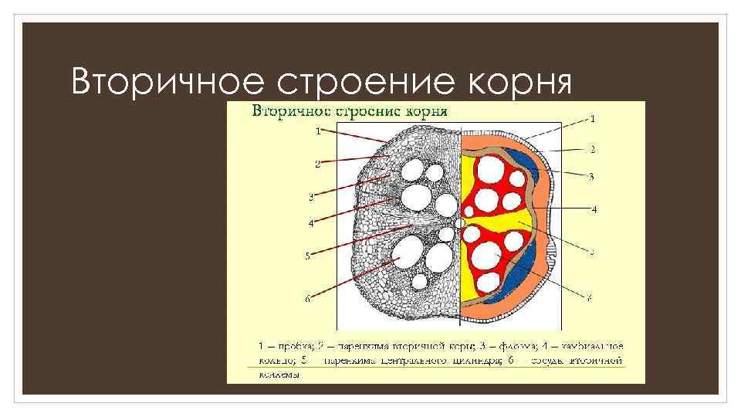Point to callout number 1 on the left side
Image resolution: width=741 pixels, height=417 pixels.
tap(317, 131)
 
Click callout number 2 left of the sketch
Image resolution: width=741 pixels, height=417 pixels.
tap(316, 164)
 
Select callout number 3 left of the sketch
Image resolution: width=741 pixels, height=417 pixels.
tap(310, 196)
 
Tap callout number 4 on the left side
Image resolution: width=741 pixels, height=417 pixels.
tap(310, 224)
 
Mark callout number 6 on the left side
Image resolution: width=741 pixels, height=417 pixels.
tap(307, 299)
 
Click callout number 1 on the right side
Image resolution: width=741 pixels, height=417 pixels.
tap(592, 119)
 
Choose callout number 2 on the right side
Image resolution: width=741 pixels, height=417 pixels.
tap(592, 148)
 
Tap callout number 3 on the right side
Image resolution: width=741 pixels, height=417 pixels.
tap(591, 177)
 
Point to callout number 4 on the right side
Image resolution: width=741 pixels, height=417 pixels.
tap(594, 209)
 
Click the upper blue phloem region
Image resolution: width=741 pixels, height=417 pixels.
tap(530, 165)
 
